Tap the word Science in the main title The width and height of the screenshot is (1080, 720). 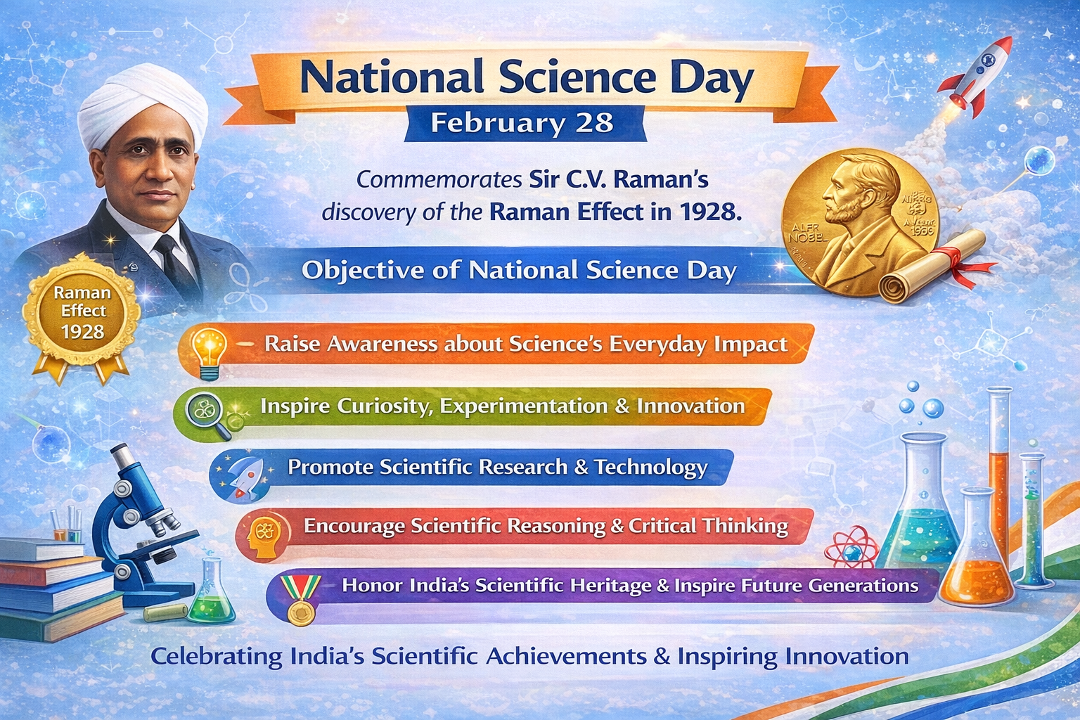click(577, 77)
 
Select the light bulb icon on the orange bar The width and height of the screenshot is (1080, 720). click(209, 351)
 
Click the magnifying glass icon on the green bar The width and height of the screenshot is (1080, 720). click(209, 416)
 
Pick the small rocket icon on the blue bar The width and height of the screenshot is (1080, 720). click(246, 475)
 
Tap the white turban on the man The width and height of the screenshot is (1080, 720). click(143, 106)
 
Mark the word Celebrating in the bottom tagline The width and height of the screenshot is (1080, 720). click(217, 657)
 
